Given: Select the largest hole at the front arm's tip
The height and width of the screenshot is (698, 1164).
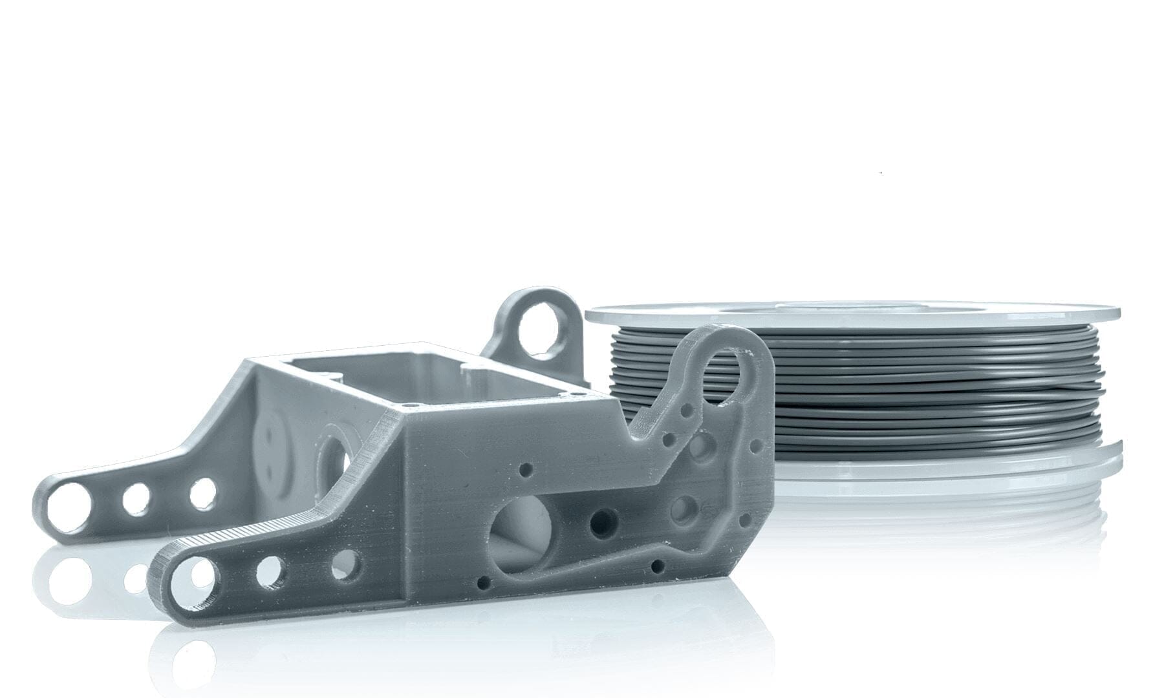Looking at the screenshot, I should [x=192, y=573].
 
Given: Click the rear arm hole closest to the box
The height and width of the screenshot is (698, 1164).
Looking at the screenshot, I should [x=202, y=493].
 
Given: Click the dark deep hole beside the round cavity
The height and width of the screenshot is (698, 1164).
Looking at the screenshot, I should [x=604, y=519].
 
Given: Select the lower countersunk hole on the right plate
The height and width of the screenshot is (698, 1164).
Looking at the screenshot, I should [x=682, y=510].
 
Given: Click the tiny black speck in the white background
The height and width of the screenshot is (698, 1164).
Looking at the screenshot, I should [x=881, y=173].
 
